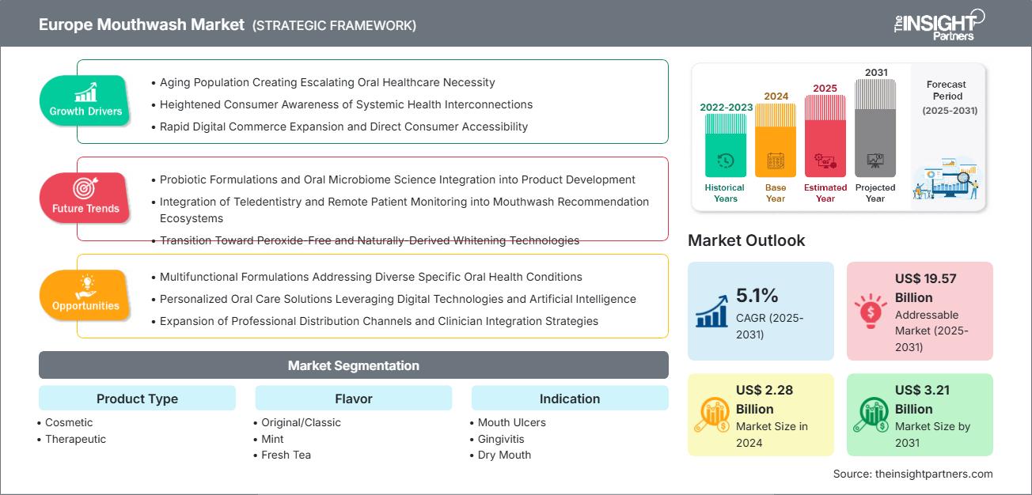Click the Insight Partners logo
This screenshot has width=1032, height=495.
(x=939, y=25)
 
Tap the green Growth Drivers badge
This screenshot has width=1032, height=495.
(x=85, y=100)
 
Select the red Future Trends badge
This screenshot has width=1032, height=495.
(x=85, y=198)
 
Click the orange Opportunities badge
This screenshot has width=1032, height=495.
(x=85, y=295)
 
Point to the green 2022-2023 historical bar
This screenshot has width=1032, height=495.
(x=726, y=145)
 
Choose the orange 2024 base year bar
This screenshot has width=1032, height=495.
(x=776, y=141)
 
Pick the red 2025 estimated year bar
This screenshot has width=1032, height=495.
(x=825, y=136)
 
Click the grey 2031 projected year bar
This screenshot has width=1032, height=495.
(x=875, y=128)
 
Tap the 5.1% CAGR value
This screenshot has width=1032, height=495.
(x=757, y=296)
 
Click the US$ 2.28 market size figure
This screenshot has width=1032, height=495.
(x=765, y=399)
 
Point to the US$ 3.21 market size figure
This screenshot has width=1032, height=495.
(x=922, y=399)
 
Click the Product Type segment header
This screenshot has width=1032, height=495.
(x=137, y=399)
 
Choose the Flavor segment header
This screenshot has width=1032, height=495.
(x=354, y=399)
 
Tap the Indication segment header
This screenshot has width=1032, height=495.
(x=570, y=399)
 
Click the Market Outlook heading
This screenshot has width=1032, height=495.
(x=746, y=240)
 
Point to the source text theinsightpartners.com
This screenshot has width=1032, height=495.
(x=934, y=474)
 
